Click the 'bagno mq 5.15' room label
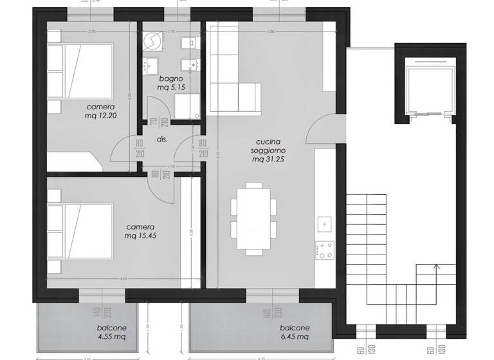coord(172,83)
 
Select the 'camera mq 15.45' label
coord(141,231)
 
